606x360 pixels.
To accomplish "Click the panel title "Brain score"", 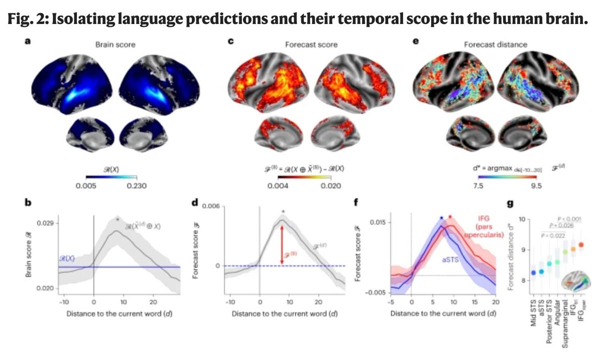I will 115,44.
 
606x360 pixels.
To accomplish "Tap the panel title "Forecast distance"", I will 495,44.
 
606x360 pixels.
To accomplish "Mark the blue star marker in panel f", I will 441,218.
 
